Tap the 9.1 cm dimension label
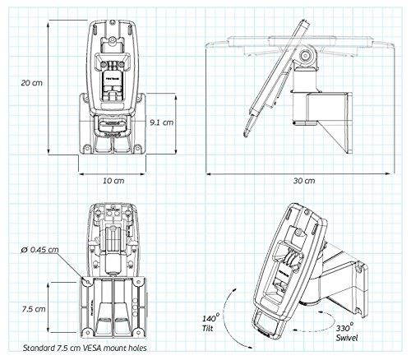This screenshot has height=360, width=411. tap(162, 122)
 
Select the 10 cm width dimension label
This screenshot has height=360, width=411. tap(113, 178)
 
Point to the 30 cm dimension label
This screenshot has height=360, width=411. tap(304, 178)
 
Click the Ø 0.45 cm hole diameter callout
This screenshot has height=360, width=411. tap(44, 250)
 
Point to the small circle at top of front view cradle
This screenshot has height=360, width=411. tap(114, 35)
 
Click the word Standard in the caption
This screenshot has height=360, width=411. tap(45, 346)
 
